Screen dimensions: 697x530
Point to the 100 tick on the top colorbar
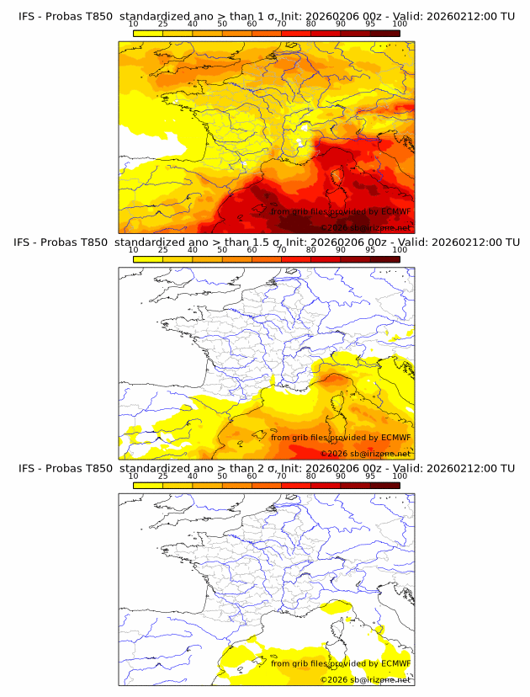point(399,24)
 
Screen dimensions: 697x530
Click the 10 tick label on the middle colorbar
point(133,250)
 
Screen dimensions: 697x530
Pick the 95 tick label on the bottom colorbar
point(369,476)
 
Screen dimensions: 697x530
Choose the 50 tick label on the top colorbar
point(222,24)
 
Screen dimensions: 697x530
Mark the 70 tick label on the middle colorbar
point(281,250)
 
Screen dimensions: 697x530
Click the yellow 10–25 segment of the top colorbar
point(148,33)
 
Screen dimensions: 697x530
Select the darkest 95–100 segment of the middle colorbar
point(384,258)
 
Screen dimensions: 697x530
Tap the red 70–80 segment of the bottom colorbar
point(296,484)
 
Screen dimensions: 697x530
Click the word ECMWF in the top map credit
point(395,211)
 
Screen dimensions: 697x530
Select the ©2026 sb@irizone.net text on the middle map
point(365,453)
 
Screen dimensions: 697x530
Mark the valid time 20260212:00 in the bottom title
point(467,468)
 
